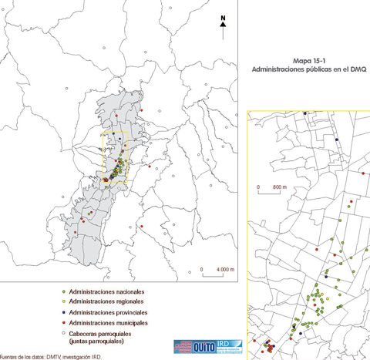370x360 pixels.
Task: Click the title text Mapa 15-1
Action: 311,59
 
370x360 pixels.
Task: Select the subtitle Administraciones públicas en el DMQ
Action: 311,69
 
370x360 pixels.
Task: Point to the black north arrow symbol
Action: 223,27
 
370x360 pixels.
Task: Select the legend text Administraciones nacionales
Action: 106,292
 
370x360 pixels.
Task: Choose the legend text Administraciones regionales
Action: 106,302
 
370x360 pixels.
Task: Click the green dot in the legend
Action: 62,293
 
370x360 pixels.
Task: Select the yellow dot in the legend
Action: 62,303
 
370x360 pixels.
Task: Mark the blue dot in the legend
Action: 62,313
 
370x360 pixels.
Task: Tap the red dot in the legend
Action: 62,323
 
